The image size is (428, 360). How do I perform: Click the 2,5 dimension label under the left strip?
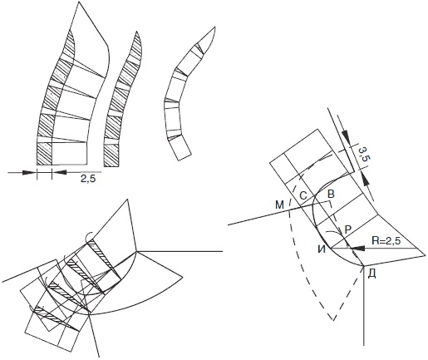coord(88,179)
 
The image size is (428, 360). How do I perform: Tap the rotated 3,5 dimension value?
coord(364,154)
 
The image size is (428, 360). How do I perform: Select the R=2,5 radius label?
coord(386,240)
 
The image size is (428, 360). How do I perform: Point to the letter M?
coord(280,205)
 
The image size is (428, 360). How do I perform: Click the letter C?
coord(303,196)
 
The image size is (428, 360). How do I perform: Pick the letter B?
coord(331,194)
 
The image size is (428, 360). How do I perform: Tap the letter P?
coord(348,229)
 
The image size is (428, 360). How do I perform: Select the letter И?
coord(322,249)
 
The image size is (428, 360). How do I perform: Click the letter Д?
coord(372,274)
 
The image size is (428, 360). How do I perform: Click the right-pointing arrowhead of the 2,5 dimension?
coord(29,172)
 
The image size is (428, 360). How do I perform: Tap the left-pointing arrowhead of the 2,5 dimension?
coord(59,172)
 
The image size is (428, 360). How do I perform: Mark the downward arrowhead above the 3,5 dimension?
coord(346,135)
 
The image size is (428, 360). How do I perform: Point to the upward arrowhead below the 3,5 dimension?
coord(366,178)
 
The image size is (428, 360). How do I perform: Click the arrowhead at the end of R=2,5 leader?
coord(359,249)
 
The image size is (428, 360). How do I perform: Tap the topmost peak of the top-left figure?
coord(79,2)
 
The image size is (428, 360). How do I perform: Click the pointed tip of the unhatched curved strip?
coord(215,27)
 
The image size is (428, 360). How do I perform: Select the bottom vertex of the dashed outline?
coord(333,321)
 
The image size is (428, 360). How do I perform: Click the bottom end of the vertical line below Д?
coord(364,345)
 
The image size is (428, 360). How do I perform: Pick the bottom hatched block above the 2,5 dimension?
coord(45,154)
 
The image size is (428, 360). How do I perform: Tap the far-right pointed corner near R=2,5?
coord(425,254)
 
